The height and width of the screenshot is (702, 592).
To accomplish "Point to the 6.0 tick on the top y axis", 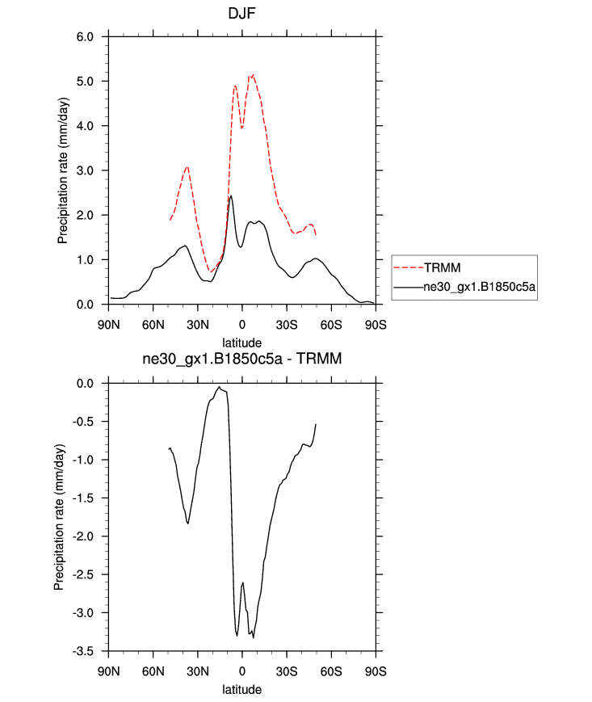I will [85, 37].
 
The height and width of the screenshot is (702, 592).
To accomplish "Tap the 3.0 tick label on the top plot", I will [85, 171].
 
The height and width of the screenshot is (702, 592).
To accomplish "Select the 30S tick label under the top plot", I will [286, 325].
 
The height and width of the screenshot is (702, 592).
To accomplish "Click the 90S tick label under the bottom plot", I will [376, 671].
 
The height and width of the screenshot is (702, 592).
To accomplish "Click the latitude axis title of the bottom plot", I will [241, 690].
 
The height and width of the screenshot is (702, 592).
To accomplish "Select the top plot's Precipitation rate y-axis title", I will [62, 170].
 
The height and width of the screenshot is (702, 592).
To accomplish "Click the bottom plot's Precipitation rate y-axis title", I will [59, 517].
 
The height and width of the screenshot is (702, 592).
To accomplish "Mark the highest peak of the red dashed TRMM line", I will [253, 74].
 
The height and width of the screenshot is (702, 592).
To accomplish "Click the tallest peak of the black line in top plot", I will [231, 195].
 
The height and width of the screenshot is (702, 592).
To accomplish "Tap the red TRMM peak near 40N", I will [187, 166].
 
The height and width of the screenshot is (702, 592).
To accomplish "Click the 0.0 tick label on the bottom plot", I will [85, 384].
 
